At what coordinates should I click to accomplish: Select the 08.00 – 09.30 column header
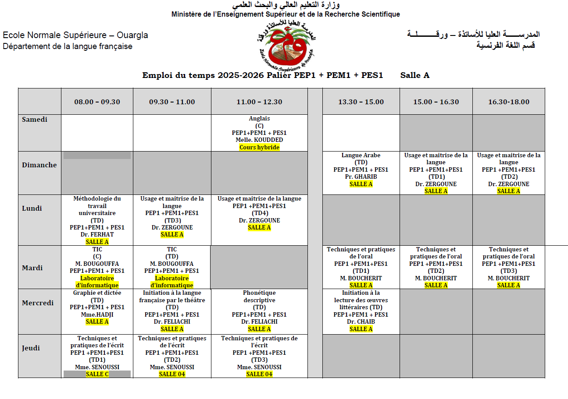(97, 102)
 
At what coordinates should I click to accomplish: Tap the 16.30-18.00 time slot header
(509, 102)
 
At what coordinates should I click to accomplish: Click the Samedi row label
(35, 120)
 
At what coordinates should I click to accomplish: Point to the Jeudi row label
(31, 348)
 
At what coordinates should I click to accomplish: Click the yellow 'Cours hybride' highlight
(259, 148)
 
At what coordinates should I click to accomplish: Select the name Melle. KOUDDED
(259, 140)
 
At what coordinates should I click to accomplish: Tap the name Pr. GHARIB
(361, 177)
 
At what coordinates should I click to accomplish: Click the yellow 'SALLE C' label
(97, 374)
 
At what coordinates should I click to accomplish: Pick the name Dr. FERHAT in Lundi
(97, 235)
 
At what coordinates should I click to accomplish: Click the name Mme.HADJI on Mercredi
(97, 314)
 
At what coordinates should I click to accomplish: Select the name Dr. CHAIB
(361, 322)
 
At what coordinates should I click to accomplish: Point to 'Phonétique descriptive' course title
(259, 297)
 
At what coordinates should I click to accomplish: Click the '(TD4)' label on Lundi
(259, 213)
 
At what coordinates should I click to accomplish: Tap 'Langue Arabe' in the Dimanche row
(361, 155)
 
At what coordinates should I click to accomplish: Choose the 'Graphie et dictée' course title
(97, 293)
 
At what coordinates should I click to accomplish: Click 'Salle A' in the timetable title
(414, 75)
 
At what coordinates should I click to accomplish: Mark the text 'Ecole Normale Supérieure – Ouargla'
(75, 35)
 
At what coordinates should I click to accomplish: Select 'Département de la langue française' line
(68, 46)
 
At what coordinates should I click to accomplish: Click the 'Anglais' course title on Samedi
(259, 119)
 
